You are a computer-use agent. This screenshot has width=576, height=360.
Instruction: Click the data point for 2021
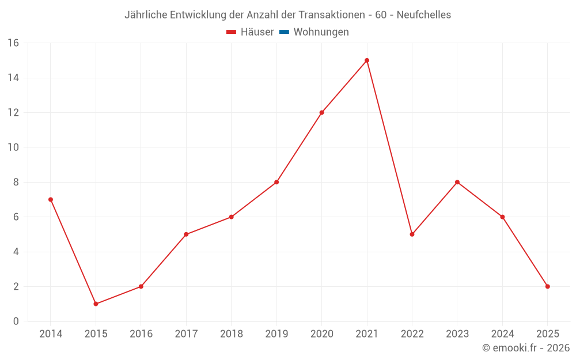tap(367, 60)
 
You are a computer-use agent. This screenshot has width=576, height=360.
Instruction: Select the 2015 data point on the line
tap(96, 304)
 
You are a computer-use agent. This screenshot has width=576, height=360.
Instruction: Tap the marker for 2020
tap(321, 112)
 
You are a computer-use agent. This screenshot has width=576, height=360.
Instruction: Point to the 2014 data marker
tap(51, 199)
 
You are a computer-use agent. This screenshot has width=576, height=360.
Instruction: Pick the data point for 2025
tap(547, 286)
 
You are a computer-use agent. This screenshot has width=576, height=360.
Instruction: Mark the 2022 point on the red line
tap(412, 234)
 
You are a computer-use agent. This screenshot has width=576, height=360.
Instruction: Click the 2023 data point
tap(457, 182)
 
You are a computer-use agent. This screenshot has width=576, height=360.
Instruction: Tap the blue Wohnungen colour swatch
tap(284, 32)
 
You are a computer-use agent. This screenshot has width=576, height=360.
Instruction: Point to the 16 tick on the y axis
tap(13, 43)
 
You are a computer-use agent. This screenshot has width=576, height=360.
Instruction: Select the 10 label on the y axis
tap(13, 147)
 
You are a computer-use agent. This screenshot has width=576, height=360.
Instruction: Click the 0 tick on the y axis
tap(16, 321)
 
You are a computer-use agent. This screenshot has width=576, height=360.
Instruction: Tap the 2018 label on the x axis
tap(231, 334)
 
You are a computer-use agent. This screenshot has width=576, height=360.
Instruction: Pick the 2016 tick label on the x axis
tap(141, 334)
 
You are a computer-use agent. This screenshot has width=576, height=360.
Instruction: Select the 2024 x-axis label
tap(502, 334)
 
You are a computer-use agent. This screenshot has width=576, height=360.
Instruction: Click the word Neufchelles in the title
tap(424, 14)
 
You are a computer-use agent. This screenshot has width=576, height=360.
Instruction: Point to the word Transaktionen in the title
tap(327, 14)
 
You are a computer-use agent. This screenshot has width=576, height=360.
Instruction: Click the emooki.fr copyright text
tap(526, 348)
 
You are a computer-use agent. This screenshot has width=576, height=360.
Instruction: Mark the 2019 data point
tap(276, 182)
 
